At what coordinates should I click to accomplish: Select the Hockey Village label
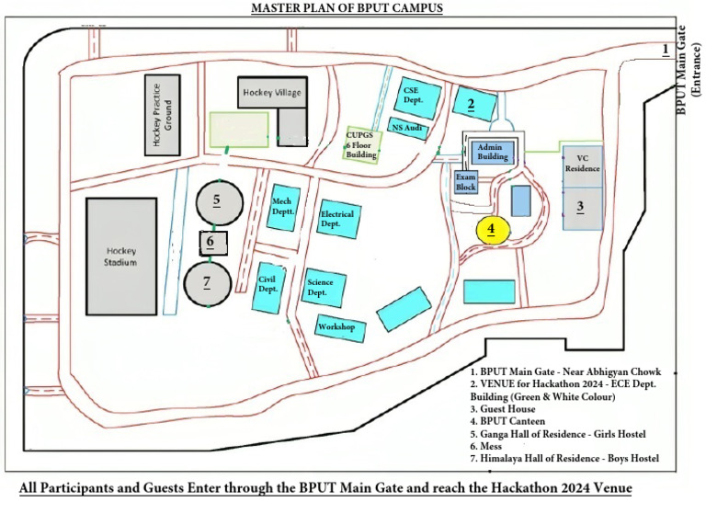pyautogui.click(x=271, y=93)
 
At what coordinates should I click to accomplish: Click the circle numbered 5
pyautogui.click(x=216, y=200)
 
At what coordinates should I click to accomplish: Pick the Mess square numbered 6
pyautogui.click(x=211, y=243)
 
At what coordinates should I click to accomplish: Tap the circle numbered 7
pyautogui.click(x=208, y=282)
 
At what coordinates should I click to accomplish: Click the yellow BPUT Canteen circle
pyautogui.click(x=491, y=229)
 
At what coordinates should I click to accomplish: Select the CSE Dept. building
pyautogui.click(x=417, y=95)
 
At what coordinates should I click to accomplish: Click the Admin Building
pyautogui.click(x=493, y=152)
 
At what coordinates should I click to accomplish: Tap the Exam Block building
pyautogui.click(x=466, y=181)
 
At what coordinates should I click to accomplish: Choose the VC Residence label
pyautogui.click(x=582, y=164)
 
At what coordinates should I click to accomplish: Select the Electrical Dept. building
pyautogui.click(x=336, y=218)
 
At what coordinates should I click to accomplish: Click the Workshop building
pyautogui.click(x=336, y=327)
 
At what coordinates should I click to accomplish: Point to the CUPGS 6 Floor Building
pyautogui.click(x=361, y=144)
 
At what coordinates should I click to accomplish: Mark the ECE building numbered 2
pyautogui.click(x=473, y=104)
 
